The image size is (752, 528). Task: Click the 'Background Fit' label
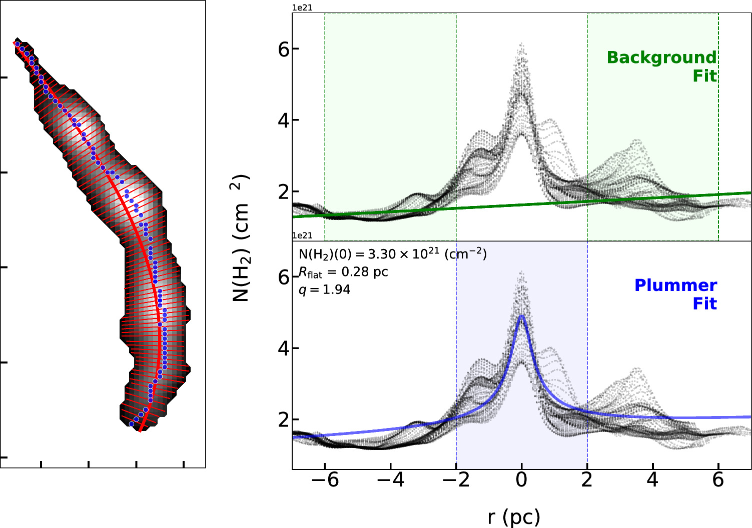tap(661, 66)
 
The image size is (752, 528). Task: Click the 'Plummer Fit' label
tap(675, 294)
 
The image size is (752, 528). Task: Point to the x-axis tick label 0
tap(521, 480)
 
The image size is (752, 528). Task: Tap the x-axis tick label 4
tap(652, 480)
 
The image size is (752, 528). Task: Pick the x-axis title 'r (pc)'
tap(514, 517)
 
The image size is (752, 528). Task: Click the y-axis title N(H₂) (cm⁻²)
tap(241, 238)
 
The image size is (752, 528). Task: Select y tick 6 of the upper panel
tap(284, 49)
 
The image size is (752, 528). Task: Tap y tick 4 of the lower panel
tap(284, 348)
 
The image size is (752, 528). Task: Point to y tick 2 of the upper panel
tap(284, 192)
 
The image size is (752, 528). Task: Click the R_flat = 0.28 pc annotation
tap(343, 272)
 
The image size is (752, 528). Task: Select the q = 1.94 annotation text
tap(324, 289)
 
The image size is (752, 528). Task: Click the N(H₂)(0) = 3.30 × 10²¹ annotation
tap(392, 254)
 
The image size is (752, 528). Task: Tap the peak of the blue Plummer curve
tap(522, 315)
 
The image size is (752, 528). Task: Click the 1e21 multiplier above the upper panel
tap(302, 8)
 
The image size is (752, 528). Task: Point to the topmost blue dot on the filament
tap(18, 44)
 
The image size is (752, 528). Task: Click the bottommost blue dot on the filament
tap(132, 424)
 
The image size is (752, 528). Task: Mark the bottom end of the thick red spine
tap(140, 430)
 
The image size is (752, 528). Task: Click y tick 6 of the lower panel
tap(284, 277)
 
